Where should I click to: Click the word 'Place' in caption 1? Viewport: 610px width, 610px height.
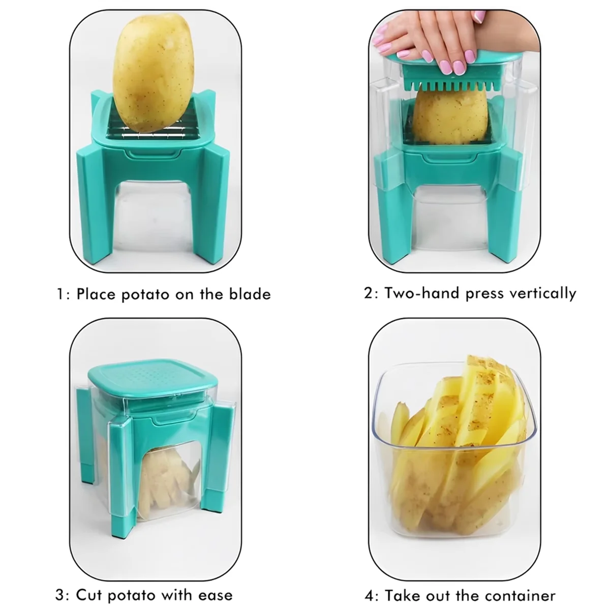tap(97, 294)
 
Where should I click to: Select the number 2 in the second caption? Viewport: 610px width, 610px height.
tap(368, 293)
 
